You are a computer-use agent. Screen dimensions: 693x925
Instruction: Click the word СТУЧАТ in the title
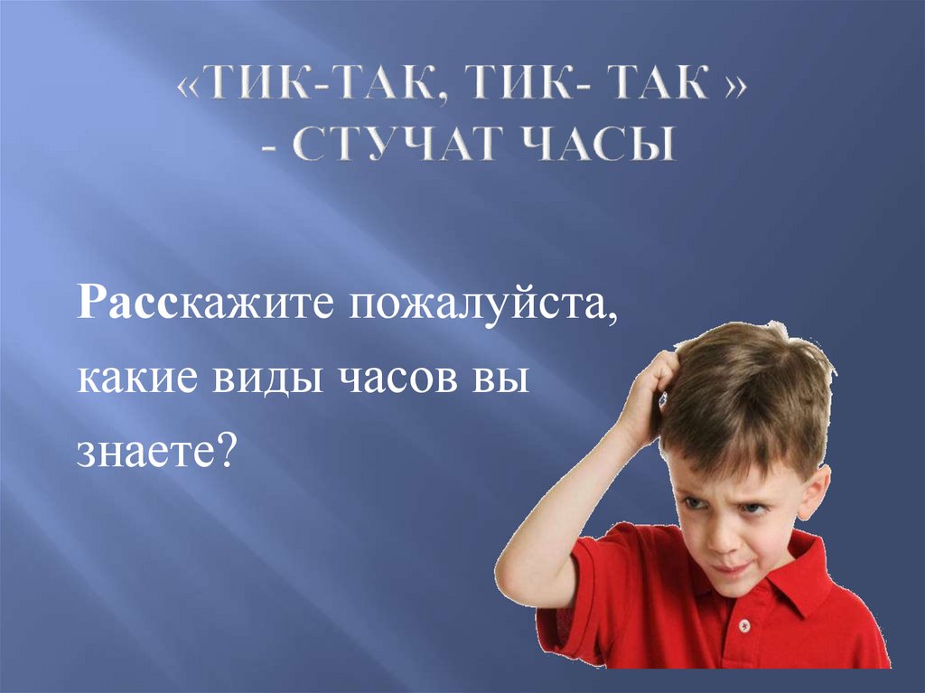coord(398,143)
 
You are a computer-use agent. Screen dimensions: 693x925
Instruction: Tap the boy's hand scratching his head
coord(652,398)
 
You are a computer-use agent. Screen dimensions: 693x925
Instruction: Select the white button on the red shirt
coord(745,627)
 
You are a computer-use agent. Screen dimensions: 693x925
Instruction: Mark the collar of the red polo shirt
coord(795,578)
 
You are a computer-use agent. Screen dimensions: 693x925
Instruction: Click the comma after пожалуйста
coord(615,318)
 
